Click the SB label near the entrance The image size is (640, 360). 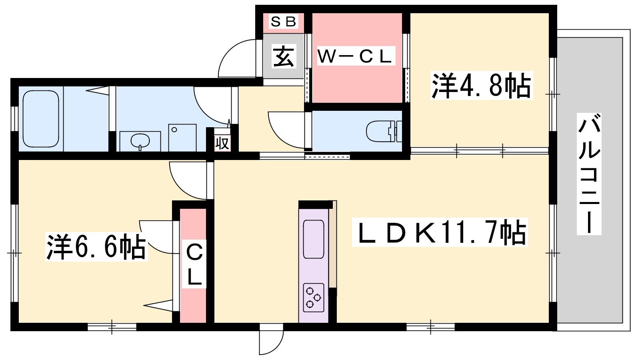coord(283,22)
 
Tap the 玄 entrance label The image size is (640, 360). coord(283,57)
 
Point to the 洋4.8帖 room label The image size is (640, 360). coord(482,86)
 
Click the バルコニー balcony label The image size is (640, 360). coord(589,174)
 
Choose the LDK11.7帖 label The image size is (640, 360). coord(440,232)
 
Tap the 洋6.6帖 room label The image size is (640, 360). coord(96,247)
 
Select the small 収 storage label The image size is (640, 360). coord(222,143)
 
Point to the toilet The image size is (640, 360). coord(384,132)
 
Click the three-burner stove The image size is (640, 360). coord(314,298)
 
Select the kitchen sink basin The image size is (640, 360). coord(314,239)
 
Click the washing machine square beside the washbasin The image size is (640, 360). coord(182,138)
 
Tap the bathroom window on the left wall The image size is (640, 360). coord(14,118)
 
